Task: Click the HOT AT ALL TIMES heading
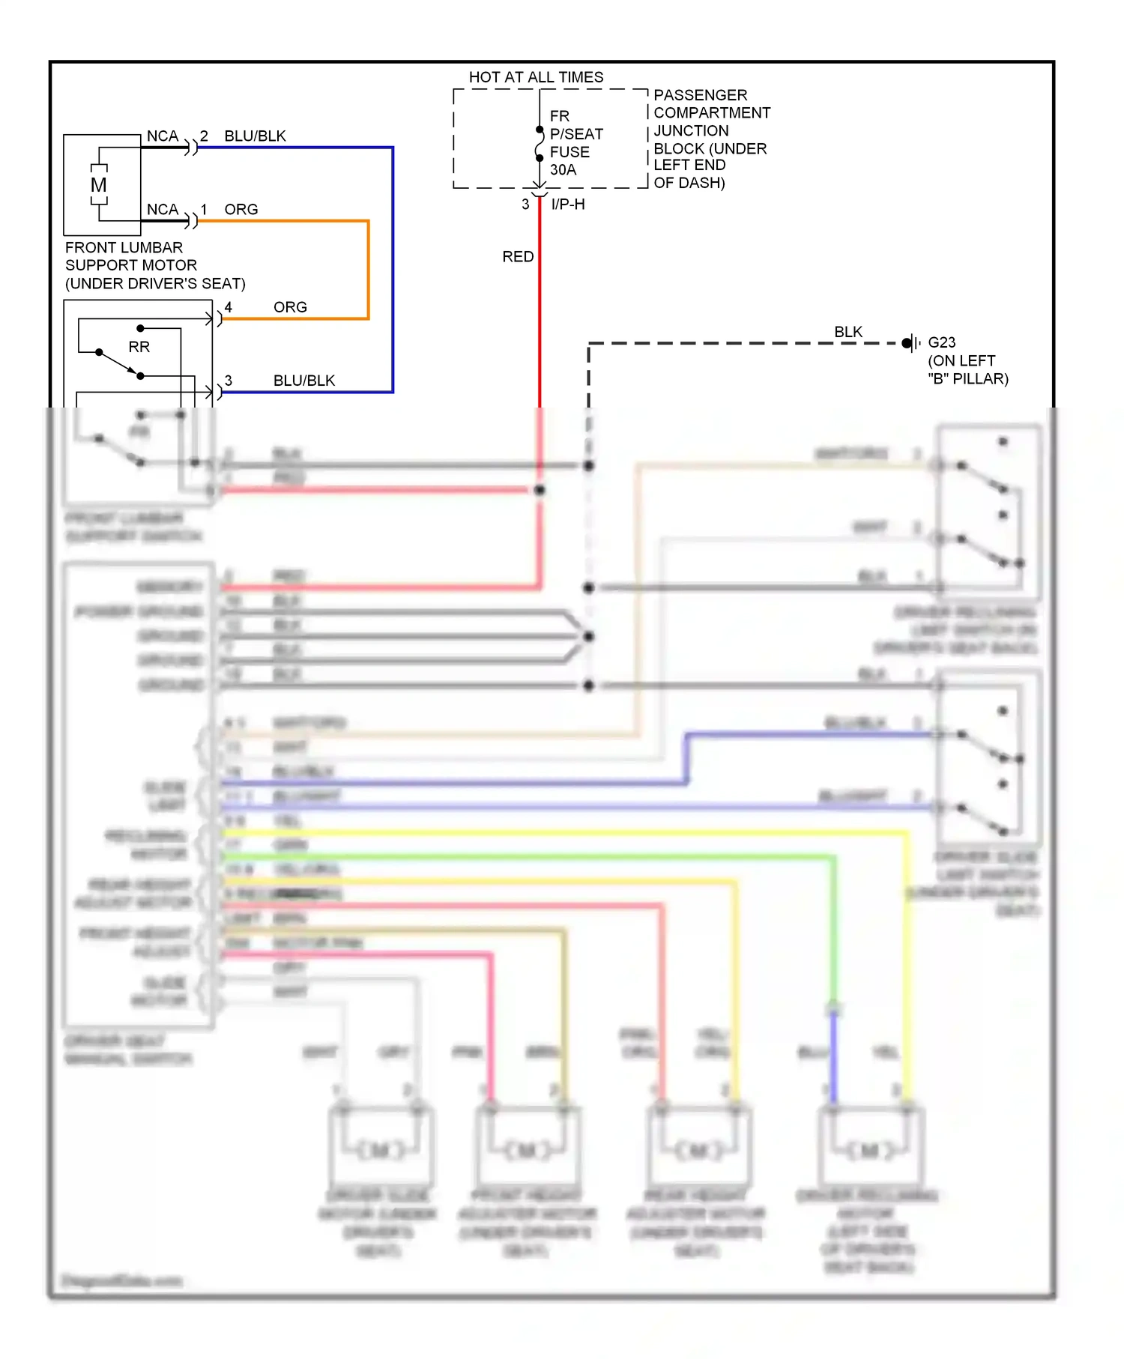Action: tap(536, 77)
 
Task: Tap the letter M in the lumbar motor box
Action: tap(98, 185)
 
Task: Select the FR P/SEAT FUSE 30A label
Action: tap(575, 143)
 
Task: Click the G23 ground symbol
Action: tap(910, 343)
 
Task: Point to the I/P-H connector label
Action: tap(567, 204)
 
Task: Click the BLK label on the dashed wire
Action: tap(847, 331)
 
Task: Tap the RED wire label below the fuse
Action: tap(518, 256)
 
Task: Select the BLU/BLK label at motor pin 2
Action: tap(255, 136)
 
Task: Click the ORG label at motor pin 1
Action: tap(241, 209)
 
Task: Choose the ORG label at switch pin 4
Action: tap(290, 307)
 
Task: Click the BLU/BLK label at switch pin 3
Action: tap(303, 381)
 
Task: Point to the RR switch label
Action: tap(139, 347)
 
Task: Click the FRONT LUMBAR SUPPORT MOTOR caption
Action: tap(154, 265)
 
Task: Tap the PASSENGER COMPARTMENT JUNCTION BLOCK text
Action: tap(710, 139)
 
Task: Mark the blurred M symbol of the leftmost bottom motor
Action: tap(380, 1150)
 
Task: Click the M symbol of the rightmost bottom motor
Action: tap(869, 1150)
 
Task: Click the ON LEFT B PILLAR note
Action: tap(967, 369)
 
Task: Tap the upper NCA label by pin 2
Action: tap(162, 136)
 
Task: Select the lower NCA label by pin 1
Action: tap(162, 209)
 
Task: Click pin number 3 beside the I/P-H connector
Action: tap(525, 204)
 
